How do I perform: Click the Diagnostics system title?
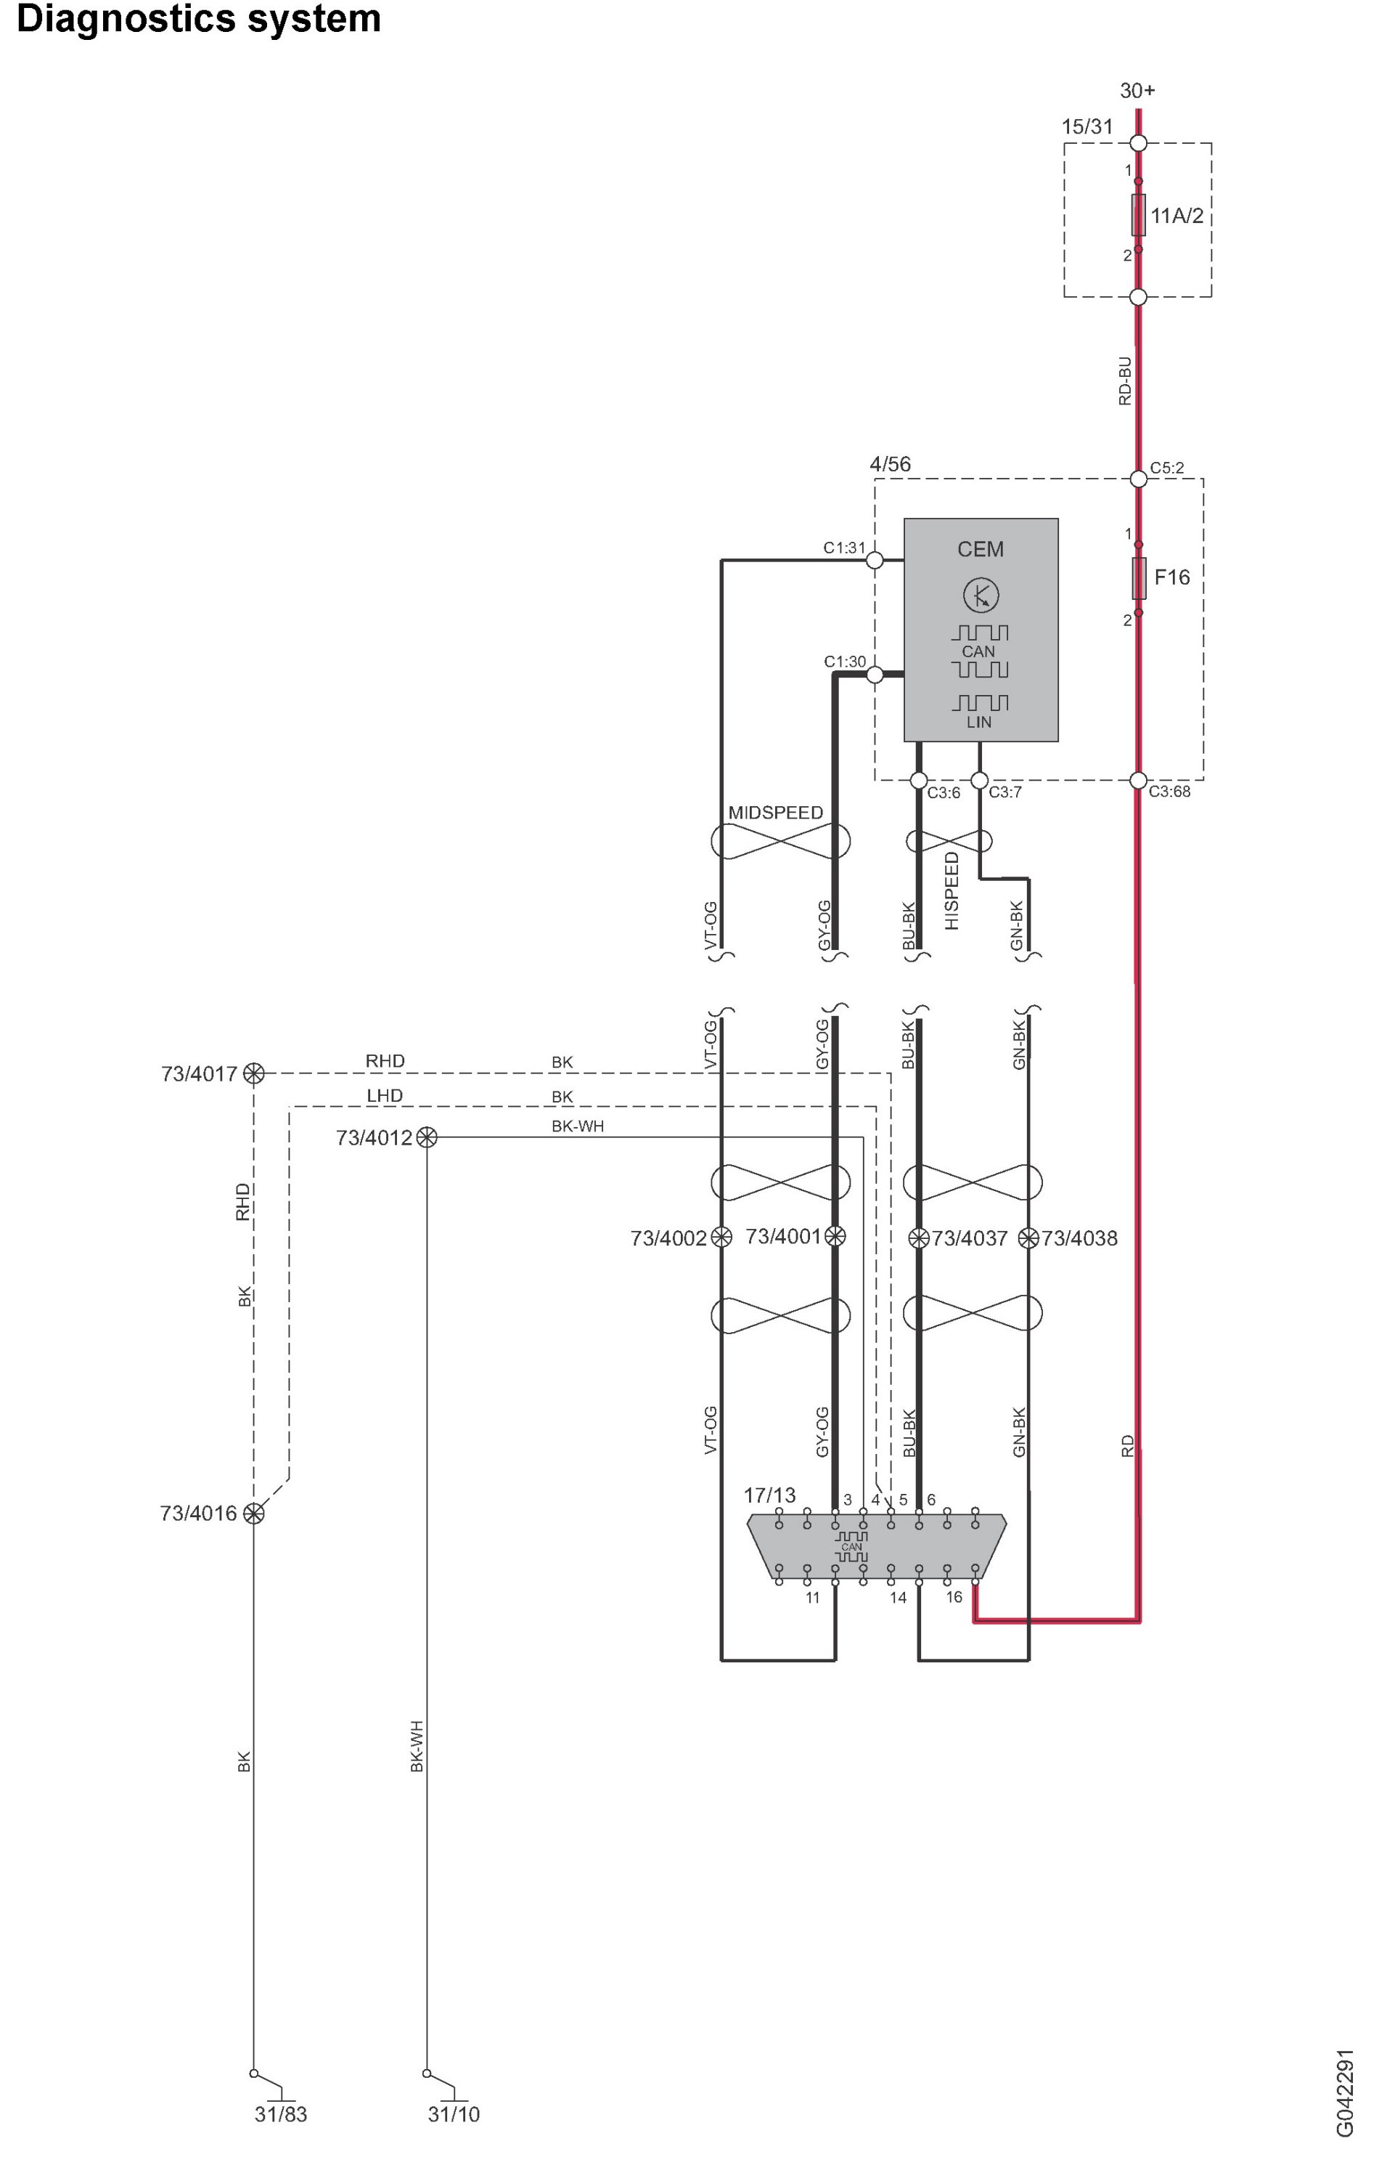tap(199, 20)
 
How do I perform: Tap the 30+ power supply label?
tap(1137, 91)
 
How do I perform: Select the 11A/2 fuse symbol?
tap(1138, 215)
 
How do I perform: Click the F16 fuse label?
tap(1171, 578)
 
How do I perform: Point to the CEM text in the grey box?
tap(981, 549)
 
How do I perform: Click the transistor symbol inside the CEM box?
tap(981, 595)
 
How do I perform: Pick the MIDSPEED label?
tap(775, 813)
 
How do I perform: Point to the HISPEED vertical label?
tap(952, 890)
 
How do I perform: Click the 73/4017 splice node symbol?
tap(254, 1073)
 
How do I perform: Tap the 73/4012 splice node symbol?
tap(427, 1137)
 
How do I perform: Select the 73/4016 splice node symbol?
tap(254, 1513)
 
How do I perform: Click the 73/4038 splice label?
tap(1079, 1239)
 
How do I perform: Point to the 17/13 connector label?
tap(769, 1495)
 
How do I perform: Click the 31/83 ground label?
tap(280, 2114)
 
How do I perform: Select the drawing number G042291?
tap(1344, 2092)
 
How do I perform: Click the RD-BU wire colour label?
tap(1126, 381)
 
